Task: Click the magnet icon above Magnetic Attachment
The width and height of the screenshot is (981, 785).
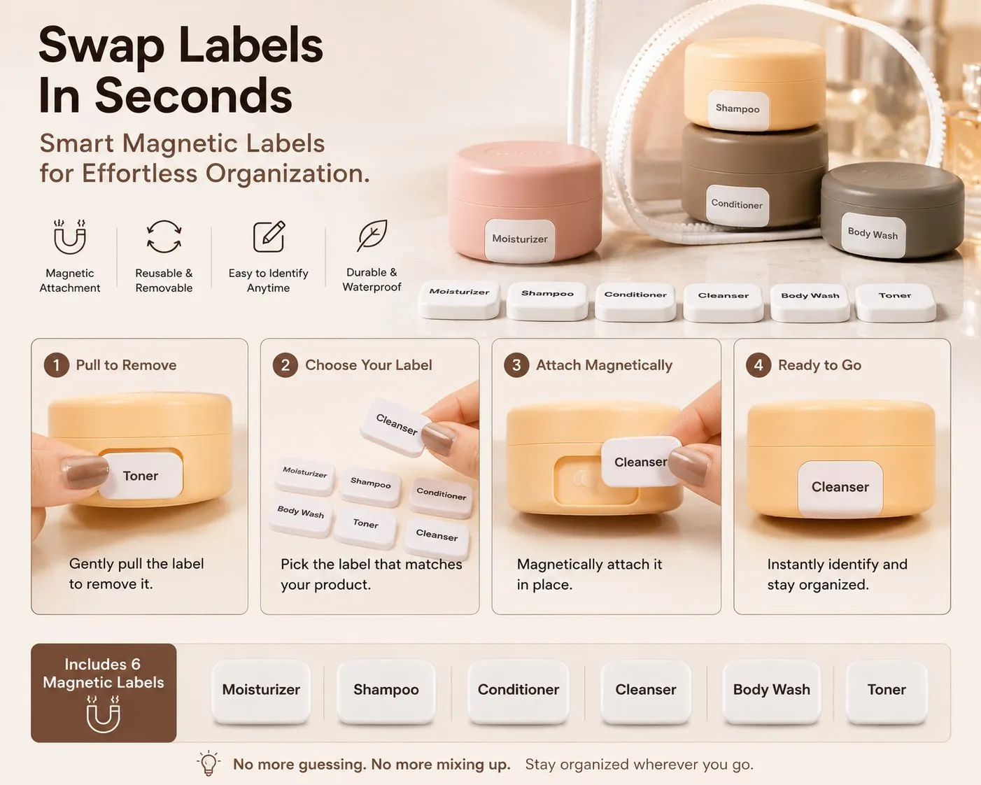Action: (x=69, y=236)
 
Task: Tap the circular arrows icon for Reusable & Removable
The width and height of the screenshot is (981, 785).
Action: (x=164, y=236)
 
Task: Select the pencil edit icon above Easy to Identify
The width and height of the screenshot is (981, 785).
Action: (x=269, y=236)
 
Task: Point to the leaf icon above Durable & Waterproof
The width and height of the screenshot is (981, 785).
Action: (x=372, y=235)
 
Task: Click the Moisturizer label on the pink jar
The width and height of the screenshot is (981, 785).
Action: (x=520, y=240)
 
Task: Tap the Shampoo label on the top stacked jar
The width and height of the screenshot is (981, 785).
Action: (x=738, y=109)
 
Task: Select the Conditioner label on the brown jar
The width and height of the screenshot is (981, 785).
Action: (x=737, y=205)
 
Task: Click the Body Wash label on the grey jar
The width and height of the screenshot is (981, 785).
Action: (x=873, y=234)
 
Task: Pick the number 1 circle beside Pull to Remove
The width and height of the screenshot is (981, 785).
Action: (x=57, y=365)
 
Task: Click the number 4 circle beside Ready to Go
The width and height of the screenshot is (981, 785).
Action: (x=758, y=365)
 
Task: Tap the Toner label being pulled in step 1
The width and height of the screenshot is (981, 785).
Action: (x=141, y=476)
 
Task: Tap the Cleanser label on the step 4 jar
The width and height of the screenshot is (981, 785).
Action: (x=840, y=488)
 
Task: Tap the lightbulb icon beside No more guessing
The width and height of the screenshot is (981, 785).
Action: (x=209, y=763)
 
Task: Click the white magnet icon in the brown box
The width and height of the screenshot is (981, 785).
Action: (x=104, y=714)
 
